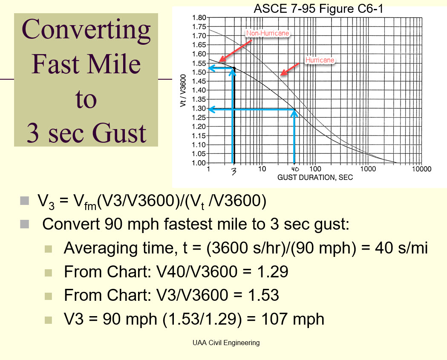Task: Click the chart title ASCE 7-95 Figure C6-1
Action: (318, 9)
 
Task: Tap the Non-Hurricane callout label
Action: (268, 33)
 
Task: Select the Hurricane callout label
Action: (320, 60)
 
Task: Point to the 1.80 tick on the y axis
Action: (199, 17)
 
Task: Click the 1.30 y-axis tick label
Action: (199, 108)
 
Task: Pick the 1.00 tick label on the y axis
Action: (199, 163)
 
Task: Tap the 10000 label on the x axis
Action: (421, 169)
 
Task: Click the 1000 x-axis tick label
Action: (368, 169)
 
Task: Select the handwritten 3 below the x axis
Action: (234, 171)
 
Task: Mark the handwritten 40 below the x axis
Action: (295, 169)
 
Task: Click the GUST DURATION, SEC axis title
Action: (315, 178)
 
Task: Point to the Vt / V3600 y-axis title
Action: (183, 91)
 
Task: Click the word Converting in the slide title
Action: (86, 30)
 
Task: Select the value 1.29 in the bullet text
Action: (273, 271)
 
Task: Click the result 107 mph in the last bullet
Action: (293, 319)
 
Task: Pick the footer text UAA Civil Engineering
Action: (226, 343)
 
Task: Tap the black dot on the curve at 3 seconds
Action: (234, 68)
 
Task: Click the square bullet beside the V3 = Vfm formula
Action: (25, 201)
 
